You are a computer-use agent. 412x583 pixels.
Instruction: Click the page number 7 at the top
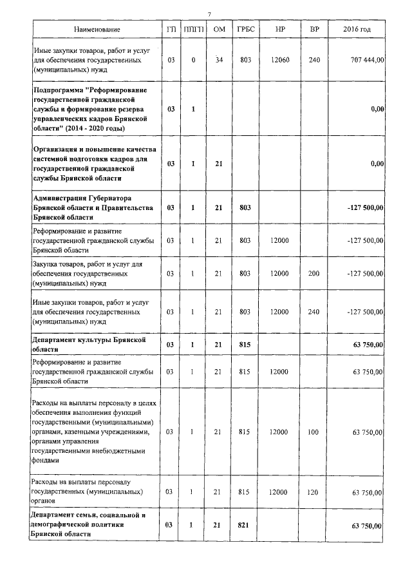pos(210,15)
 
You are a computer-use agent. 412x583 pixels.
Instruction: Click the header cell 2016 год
pos(357,30)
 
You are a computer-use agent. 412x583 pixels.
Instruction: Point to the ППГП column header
pos(193,30)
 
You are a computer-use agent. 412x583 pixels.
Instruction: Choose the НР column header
pos(280,30)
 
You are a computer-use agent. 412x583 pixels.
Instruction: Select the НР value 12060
pos(280,60)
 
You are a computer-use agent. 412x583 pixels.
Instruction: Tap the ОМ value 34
pos(219,60)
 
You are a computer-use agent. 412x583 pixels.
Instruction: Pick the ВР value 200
pos(314,273)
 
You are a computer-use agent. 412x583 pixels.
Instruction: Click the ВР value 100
pos(314,432)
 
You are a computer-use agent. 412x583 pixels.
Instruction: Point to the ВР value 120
pos(314,492)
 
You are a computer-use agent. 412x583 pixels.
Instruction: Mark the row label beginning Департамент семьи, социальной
pos(91,525)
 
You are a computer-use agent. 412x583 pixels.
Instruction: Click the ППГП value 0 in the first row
pos(193,60)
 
